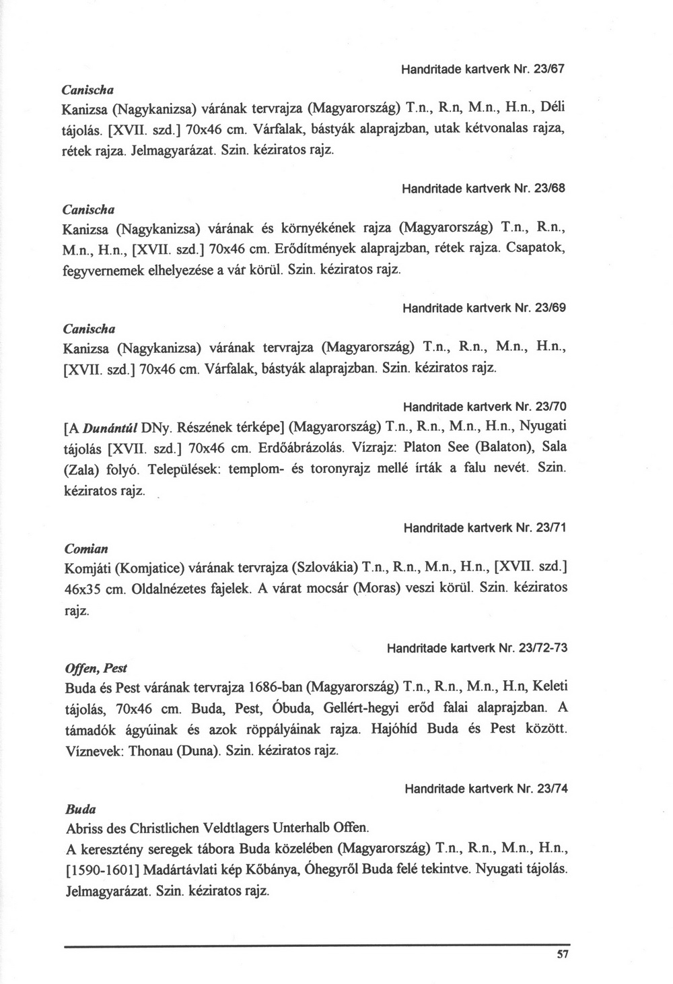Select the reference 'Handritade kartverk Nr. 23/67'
[x=482, y=69]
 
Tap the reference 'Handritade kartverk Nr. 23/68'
[x=483, y=189]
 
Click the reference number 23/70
[x=550, y=407]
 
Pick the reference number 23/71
[x=550, y=528]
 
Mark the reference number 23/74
[x=550, y=789]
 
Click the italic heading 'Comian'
[x=85, y=548]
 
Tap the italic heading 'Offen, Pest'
[x=95, y=668]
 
